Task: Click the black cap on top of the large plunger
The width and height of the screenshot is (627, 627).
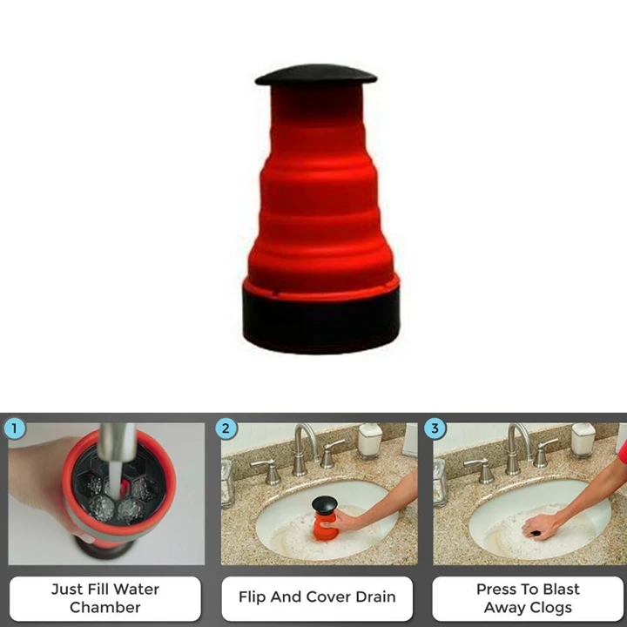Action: coord(316,75)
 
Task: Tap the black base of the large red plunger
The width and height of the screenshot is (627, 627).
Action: coord(320,318)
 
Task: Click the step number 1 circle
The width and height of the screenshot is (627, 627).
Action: coord(15,428)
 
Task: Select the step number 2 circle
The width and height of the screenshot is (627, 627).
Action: coord(226,428)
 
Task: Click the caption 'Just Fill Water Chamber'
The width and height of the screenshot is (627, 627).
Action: coord(104,597)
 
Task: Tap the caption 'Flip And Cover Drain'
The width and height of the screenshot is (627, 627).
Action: coord(317,597)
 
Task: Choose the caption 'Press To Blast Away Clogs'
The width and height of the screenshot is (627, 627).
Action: coord(528,597)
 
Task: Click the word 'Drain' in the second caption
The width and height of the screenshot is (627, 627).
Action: coord(373,597)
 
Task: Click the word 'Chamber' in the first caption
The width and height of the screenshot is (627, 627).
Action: coord(104,607)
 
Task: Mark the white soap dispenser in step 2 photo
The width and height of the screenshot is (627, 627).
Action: coord(371,441)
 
